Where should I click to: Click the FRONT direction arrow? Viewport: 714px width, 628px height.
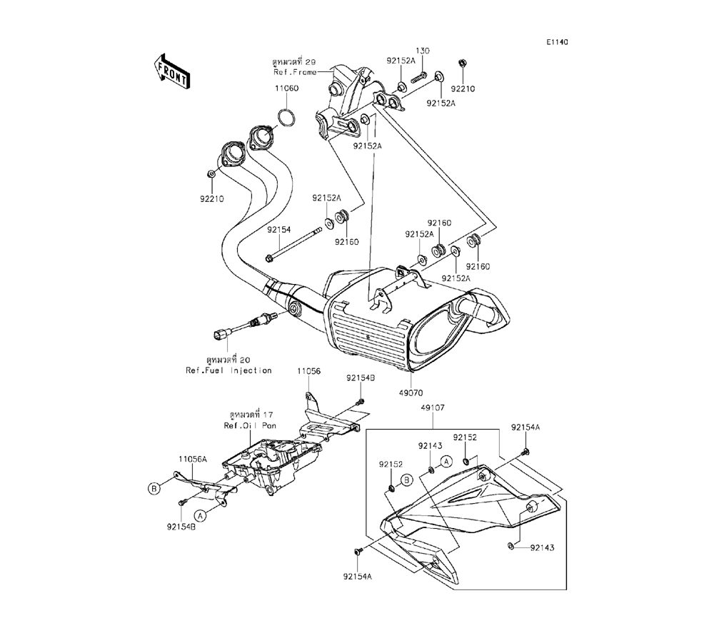(x=171, y=70)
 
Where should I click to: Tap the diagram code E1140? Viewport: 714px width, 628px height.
(x=557, y=43)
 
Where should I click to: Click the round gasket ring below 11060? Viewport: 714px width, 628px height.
(x=287, y=117)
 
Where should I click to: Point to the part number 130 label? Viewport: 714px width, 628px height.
(x=423, y=51)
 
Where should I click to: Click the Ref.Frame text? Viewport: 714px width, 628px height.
(x=294, y=72)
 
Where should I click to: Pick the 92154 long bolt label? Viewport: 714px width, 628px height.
(x=278, y=230)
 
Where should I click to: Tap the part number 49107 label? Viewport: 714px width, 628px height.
(x=433, y=407)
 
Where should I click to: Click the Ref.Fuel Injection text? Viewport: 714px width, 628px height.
(x=228, y=370)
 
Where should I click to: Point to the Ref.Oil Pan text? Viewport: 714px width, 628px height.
(x=250, y=425)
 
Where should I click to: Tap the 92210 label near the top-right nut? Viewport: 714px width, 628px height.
(x=462, y=89)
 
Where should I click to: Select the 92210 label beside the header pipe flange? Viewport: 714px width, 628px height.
(x=212, y=199)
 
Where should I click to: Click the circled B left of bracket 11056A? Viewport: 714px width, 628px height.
(x=153, y=488)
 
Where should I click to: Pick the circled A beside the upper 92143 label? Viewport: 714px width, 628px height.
(x=446, y=462)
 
